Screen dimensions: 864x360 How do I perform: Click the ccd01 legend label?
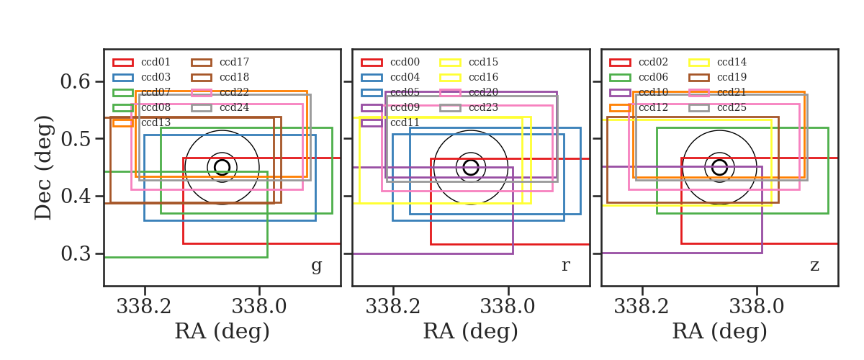click(x=156, y=62)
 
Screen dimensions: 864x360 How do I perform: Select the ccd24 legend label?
click(x=234, y=107)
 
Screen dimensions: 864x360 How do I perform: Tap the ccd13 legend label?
click(x=156, y=122)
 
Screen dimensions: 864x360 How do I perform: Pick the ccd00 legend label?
click(x=405, y=62)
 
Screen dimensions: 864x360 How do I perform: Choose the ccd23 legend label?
click(x=483, y=107)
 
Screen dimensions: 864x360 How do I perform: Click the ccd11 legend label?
click(x=405, y=122)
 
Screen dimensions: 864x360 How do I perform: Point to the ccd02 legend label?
click(x=653, y=62)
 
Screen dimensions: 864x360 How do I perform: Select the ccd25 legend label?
click(x=732, y=107)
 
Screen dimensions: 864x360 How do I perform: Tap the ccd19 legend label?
click(x=732, y=77)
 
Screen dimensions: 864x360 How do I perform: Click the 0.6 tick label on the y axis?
click(x=76, y=81)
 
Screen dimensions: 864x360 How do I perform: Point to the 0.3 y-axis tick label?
click(x=76, y=253)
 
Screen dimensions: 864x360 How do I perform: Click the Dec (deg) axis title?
click(x=42, y=168)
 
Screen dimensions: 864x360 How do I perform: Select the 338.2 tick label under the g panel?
click(x=144, y=307)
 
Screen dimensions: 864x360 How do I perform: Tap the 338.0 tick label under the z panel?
click(x=757, y=307)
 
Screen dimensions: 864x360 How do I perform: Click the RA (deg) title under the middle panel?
click(x=471, y=331)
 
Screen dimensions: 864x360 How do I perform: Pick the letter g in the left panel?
click(x=316, y=266)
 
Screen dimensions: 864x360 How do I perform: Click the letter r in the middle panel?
click(x=565, y=265)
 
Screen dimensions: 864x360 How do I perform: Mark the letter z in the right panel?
click(x=814, y=266)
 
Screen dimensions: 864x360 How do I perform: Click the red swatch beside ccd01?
click(x=123, y=63)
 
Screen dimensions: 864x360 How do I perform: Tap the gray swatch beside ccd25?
click(x=699, y=108)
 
